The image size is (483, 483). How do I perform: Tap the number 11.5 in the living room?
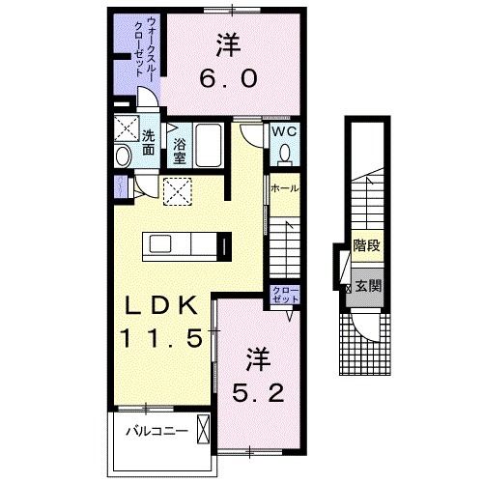(x=159, y=338)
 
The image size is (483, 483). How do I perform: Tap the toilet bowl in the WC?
(x=285, y=154)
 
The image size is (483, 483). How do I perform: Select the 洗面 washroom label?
(x=149, y=143)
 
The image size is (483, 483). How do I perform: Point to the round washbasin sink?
(x=123, y=156)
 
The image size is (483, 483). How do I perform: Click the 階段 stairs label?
(x=365, y=245)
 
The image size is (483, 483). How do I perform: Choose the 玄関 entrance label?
(x=367, y=286)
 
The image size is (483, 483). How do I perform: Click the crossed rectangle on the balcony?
(x=202, y=427)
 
